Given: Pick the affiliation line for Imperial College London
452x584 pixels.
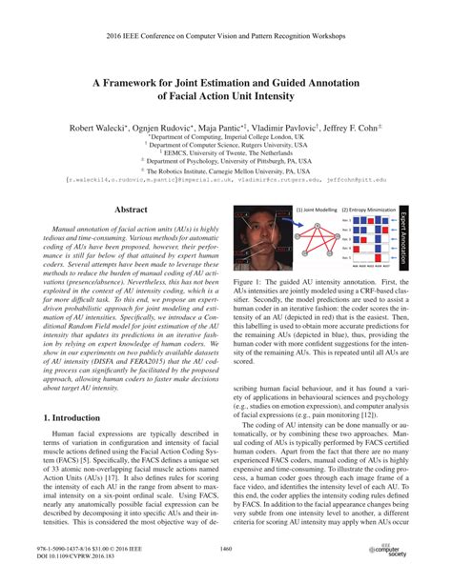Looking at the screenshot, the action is (226, 136).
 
